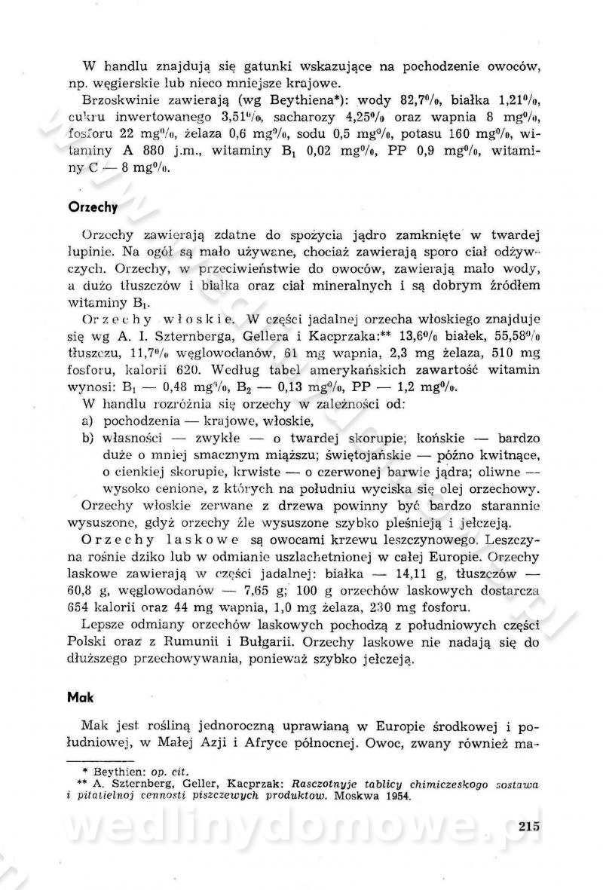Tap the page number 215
coord(531,827)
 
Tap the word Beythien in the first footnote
coord(112,772)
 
